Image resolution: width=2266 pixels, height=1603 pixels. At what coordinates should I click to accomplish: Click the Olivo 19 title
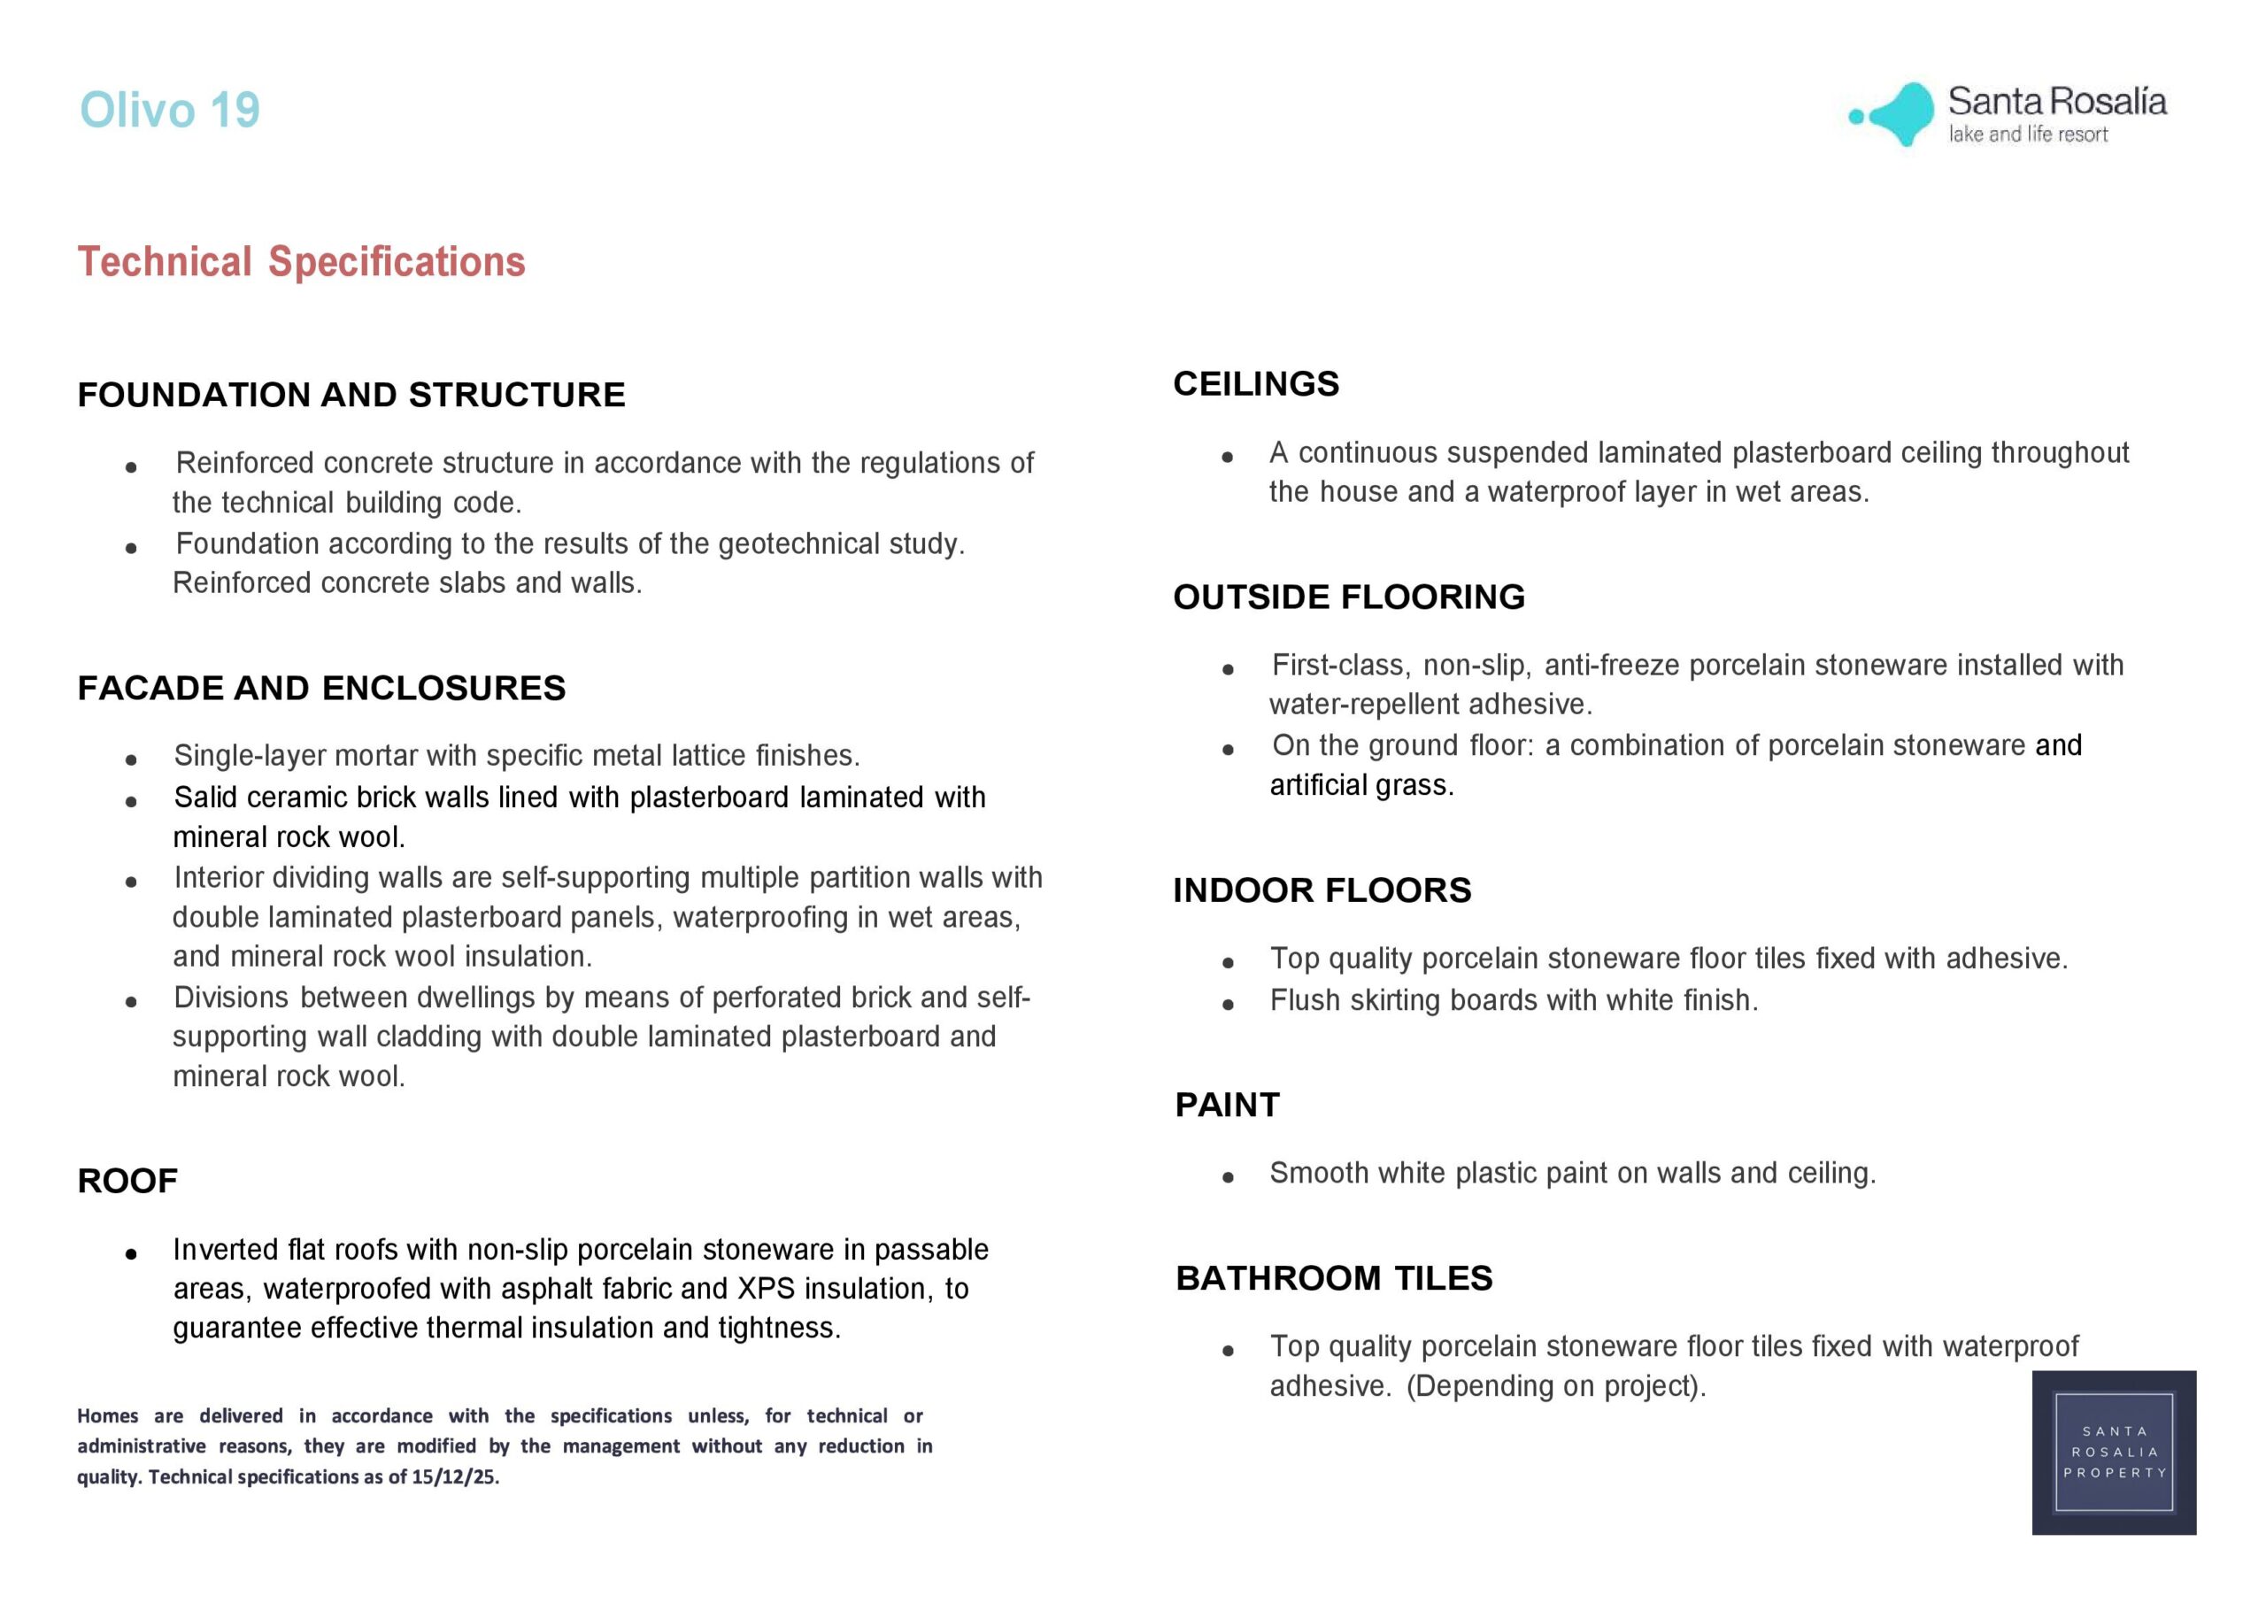[x=170, y=110]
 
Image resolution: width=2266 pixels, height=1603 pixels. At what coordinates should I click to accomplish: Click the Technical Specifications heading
[x=301, y=262]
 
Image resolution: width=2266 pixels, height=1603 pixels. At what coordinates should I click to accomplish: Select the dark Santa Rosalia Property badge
[x=2113, y=1452]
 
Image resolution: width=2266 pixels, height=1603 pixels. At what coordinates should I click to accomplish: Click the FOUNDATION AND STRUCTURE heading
[x=351, y=395]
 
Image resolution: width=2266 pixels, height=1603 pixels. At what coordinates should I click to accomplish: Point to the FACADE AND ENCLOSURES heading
[x=321, y=688]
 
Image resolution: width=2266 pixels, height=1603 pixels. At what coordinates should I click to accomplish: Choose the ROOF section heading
[x=127, y=1181]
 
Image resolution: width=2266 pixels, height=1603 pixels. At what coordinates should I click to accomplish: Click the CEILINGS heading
[x=1255, y=384]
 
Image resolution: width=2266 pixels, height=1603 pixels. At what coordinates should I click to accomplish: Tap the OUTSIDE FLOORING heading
[x=1348, y=597]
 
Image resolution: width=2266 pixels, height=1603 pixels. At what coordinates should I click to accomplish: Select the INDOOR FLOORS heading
[x=1322, y=890]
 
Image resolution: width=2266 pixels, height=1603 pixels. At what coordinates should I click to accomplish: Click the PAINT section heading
[x=1227, y=1105]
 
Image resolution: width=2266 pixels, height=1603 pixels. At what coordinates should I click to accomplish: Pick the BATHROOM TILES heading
[x=1333, y=1278]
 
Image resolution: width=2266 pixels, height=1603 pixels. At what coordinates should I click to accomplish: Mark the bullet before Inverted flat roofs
[x=131, y=1254]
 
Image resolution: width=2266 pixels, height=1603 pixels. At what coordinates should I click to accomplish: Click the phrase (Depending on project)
[x=1555, y=1387]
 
